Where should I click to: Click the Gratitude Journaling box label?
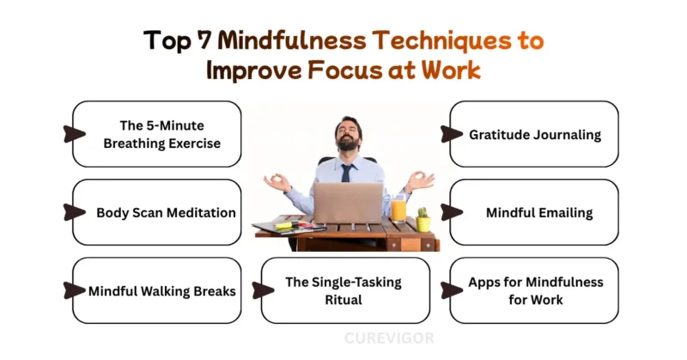click(x=534, y=134)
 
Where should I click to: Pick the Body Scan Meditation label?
click(x=166, y=212)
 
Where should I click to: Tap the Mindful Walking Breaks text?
click(x=161, y=290)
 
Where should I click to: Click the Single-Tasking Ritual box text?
click(x=343, y=290)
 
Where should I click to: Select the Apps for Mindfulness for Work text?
click(x=535, y=290)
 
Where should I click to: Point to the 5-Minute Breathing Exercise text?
click(x=161, y=134)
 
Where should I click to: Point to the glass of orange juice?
click(x=398, y=209)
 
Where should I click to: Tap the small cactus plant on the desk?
click(x=423, y=218)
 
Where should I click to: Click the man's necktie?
click(x=345, y=172)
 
